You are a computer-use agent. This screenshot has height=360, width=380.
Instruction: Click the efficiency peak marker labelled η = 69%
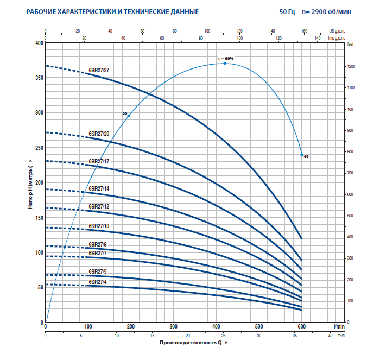pos(225,64)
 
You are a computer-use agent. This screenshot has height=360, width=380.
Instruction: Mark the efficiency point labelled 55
pos(129,116)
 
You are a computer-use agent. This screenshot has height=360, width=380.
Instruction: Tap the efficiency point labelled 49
pos(302,155)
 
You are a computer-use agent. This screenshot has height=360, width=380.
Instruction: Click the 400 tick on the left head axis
pos(38,43)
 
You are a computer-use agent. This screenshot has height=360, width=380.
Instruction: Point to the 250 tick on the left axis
pos(38,148)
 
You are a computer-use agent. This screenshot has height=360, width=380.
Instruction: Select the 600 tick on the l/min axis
pos(302,327)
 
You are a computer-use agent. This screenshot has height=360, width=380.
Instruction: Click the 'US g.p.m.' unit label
pos(337,31)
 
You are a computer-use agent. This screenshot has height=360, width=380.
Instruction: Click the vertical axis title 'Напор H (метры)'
pos(31,182)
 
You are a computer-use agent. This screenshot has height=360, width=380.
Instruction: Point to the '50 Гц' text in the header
pos(289,11)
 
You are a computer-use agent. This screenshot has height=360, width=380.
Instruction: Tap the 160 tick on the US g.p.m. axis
pos(304,31)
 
